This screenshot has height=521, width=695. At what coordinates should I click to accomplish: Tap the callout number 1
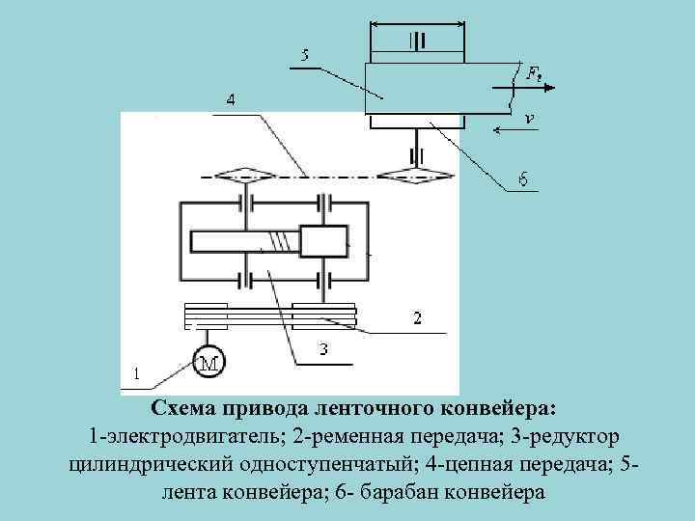136,371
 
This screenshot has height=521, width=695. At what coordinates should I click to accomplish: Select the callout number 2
416,317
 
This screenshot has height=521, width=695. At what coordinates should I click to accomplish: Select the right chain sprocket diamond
406,176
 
